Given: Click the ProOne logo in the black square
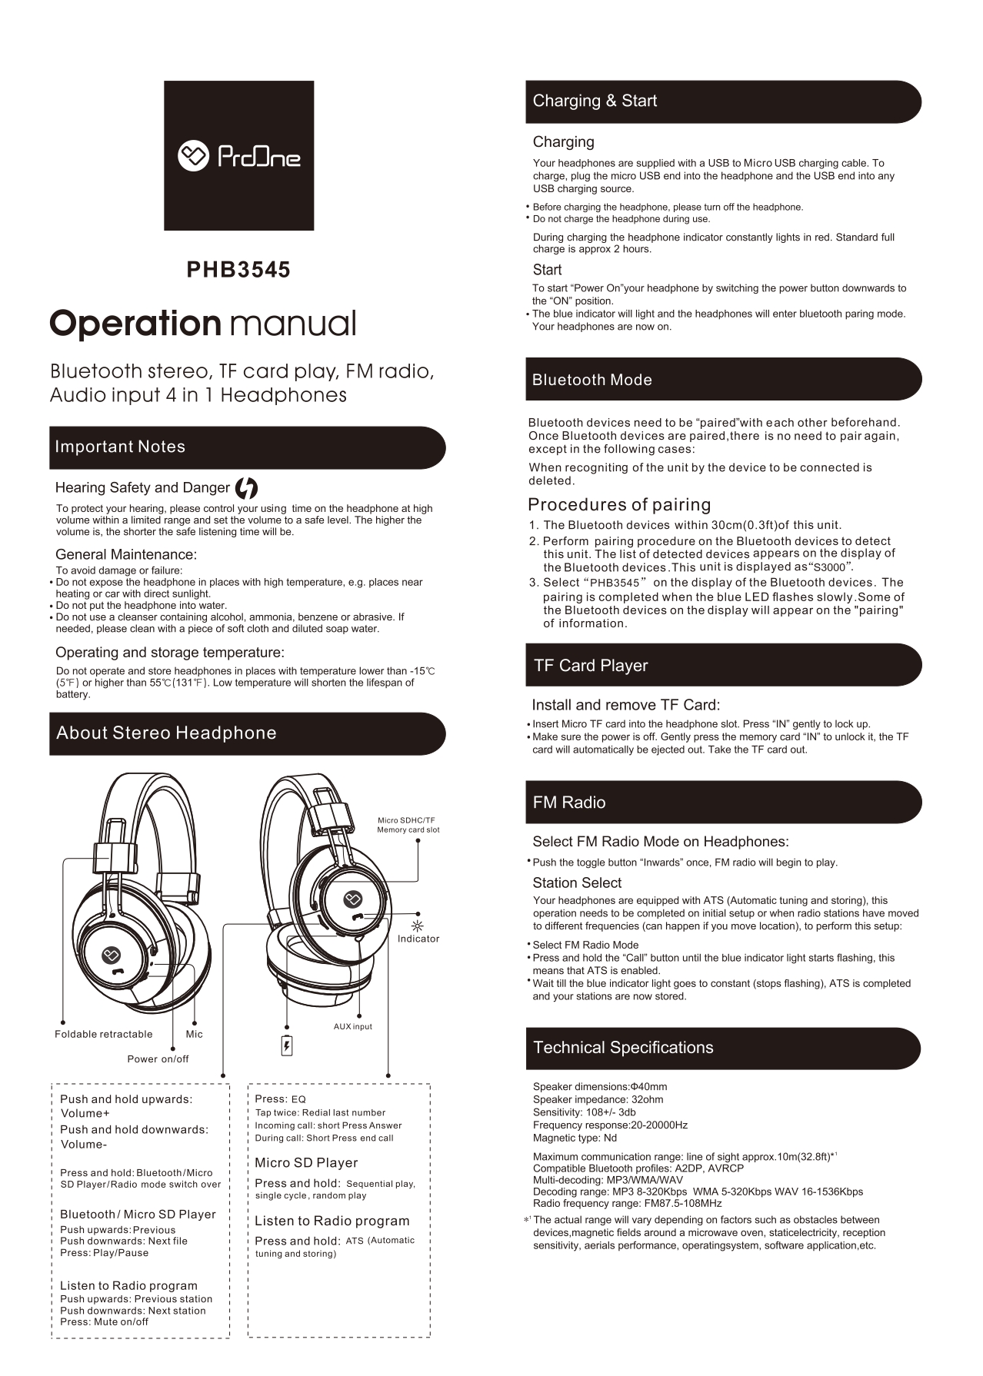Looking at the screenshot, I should click(x=238, y=156).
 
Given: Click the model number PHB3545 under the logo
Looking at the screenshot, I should click(x=238, y=270).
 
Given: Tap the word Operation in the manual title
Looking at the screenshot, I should click(x=135, y=323).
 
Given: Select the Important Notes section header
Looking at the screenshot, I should click(x=120, y=447).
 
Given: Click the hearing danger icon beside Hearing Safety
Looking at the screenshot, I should click(x=246, y=488).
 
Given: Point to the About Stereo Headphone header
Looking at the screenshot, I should click(x=166, y=733).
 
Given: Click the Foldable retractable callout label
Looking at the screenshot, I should click(x=104, y=1034).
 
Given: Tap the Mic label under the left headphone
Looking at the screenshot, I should click(x=195, y=1034).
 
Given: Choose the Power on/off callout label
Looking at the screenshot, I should click(x=158, y=1059).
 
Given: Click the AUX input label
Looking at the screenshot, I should click(x=352, y=1026).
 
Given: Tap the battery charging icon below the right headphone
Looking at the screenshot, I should click(x=287, y=1045).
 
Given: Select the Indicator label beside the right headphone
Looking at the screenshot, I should click(x=418, y=939).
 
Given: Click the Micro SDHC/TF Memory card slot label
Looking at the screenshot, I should click(x=408, y=825).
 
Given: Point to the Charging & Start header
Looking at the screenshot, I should click(x=595, y=101).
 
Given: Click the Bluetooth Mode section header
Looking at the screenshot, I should click(x=592, y=380).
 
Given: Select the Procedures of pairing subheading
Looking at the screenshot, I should click(x=619, y=504).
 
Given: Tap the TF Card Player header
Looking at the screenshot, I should click(x=591, y=666).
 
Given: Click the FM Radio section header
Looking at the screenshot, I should click(x=569, y=803).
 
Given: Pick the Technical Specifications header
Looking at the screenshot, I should click(x=623, y=1047).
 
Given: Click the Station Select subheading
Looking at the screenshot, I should click(x=577, y=882).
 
